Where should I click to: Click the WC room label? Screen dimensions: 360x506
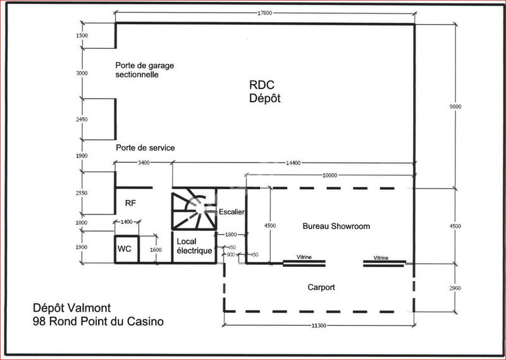tap(125, 249)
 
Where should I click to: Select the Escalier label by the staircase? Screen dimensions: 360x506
tap(231, 211)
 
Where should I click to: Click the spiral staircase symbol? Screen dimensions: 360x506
tap(194, 211)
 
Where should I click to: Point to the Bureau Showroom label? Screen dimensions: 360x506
tap(336, 226)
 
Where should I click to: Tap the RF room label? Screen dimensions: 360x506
tap(131, 203)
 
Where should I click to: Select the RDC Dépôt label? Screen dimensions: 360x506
tap(264, 93)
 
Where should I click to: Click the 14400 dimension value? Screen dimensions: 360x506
tap(292, 163)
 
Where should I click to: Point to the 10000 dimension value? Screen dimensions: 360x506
tap(330, 175)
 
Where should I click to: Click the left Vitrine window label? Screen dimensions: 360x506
tap(304, 258)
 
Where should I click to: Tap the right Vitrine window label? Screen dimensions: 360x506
tap(381, 258)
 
